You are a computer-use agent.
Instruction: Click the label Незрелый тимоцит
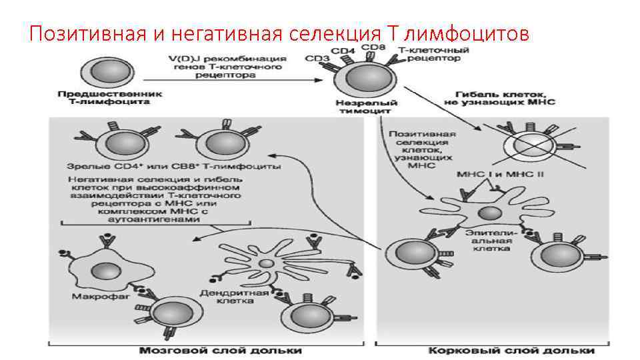(367, 107)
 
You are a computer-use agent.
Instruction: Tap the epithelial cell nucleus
(490, 213)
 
